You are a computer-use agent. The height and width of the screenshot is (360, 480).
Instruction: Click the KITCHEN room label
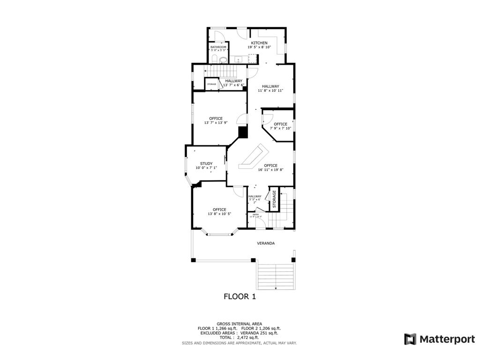[x=259, y=43]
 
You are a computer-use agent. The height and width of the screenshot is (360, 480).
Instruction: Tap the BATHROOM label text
[x=218, y=47]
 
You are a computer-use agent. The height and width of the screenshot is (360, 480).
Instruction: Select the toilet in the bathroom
[x=214, y=59]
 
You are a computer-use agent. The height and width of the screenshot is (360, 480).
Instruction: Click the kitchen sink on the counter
[x=238, y=59]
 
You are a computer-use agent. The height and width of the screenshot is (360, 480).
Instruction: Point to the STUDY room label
[x=206, y=164]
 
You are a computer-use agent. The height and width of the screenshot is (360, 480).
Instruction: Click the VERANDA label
[x=265, y=243]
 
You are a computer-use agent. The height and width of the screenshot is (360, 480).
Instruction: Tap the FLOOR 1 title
[x=240, y=296]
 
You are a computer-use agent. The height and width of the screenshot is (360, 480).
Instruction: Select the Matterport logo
[x=440, y=339]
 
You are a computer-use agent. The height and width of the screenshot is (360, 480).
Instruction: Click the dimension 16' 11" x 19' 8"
[x=268, y=170]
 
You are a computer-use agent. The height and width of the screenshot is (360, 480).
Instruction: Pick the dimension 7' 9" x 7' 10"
[x=280, y=128]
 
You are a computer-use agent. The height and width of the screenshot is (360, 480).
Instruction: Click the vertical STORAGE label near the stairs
[x=274, y=198]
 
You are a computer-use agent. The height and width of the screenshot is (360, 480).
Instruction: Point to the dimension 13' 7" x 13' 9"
[x=216, y=123]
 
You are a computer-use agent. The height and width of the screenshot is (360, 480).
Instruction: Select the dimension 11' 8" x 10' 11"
[x=270, y=90]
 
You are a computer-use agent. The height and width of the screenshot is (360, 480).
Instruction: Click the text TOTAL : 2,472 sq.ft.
[x=240, y=337]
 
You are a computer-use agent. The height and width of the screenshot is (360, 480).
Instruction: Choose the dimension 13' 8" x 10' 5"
[x=219, y=214]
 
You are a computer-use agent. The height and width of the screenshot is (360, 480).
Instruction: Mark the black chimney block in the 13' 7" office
[x=243, y=132]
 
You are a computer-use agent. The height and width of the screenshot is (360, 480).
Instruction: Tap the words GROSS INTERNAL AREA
[x=240, y=323]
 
